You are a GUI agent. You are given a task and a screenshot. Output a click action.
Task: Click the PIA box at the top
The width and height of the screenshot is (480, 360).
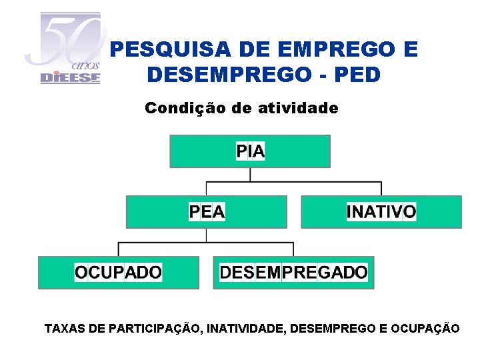250,151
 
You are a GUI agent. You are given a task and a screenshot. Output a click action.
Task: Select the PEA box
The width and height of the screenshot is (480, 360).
207,212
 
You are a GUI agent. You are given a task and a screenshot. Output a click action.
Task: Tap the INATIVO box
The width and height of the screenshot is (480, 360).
381,212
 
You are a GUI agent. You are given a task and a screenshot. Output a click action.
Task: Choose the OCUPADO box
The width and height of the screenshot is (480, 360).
118,272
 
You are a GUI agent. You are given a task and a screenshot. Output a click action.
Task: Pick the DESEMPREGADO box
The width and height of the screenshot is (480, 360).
293,272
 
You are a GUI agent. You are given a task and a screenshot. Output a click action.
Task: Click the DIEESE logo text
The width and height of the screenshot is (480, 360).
70,77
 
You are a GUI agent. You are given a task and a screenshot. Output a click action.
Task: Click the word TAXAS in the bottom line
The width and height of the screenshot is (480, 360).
61,328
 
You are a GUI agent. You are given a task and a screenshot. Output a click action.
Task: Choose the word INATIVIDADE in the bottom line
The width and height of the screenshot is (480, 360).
247,328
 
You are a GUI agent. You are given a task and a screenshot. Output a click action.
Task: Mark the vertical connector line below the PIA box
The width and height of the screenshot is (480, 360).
250,174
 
